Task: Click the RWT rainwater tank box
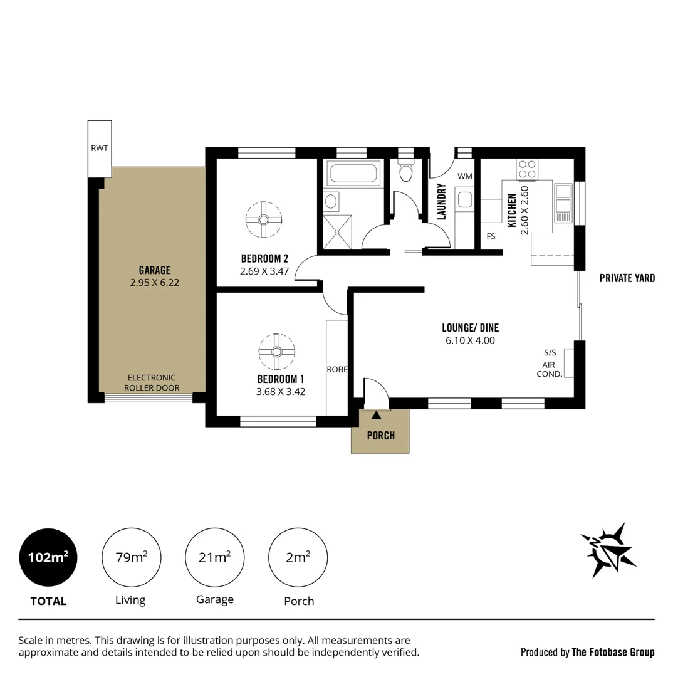pos(100,149)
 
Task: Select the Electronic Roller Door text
pos(152,382)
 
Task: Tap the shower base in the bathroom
pos(337,231)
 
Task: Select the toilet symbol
pos(405,170)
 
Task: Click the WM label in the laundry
pos(464,176)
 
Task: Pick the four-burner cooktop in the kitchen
pos(526,169)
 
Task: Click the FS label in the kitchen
pos(491,236)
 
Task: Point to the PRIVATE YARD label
pos(627,278)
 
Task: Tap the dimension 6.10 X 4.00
pos(470,340)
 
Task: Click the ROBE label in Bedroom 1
pos(336,369)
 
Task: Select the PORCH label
pos(380,435)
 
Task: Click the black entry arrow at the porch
pos(376,414)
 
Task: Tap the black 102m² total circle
pos(48,557)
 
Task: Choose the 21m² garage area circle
pos(214,557)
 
